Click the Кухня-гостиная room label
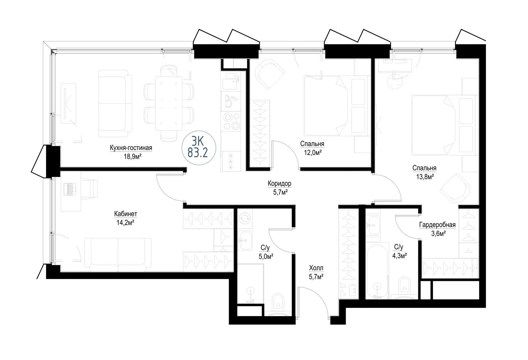[x=131, y=148]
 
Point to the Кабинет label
[x=126, y=214]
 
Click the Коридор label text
[x=279, y=183]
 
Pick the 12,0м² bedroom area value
[x=313, y=153]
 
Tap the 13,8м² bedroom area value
[x=425, y=177]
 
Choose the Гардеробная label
[x=437, y=225]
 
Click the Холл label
[x=316, y=268]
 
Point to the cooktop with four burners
[x=232, y=122]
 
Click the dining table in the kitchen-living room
[x=169, y=103]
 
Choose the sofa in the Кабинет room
[x=118, y=254]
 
